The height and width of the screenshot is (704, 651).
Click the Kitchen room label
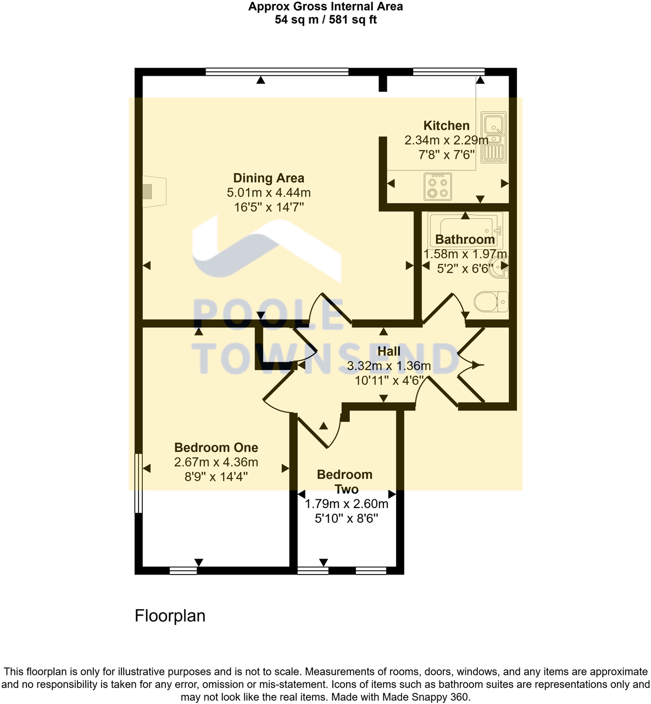point(446,126)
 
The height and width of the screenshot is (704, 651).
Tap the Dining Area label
point(269,178)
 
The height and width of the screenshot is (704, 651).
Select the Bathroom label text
point(465,240)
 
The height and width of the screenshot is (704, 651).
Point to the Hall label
point(389,351)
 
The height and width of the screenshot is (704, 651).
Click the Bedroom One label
point(216,448)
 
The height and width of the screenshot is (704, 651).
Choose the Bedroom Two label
point(345,482)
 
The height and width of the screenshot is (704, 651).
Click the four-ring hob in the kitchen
point(438,187)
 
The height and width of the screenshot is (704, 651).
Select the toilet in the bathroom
point(491,302)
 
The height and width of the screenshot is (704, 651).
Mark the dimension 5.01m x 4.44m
point(269,193)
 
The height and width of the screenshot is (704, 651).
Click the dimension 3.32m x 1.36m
point(389,366)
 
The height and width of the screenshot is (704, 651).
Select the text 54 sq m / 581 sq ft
point(325,20)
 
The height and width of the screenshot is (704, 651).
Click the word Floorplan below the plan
point(170,616)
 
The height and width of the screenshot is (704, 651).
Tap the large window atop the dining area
point(277,71)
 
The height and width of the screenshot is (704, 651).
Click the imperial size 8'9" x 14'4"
point(216,477)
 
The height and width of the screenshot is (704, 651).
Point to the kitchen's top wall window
point(448,71)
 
